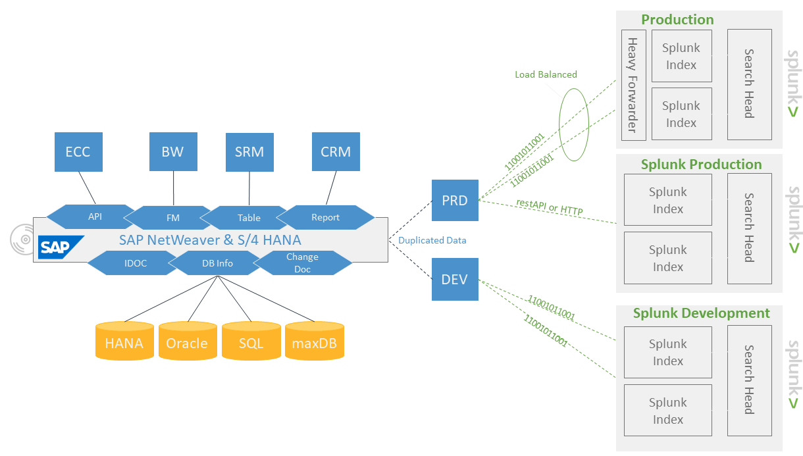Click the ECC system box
pos(78,151)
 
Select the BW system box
pos(172,151)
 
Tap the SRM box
pos(249,152)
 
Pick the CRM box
pos(336,152)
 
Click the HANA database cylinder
pos(124,342)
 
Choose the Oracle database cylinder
pos(187,342)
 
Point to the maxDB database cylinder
pos(315,342)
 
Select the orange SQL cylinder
pos(251,342)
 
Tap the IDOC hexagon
pos(135,263)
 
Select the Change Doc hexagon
pos(302,263)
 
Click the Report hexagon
pos(325,217)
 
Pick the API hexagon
pos(95,216)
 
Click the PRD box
pos(455,201)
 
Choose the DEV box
pos(455,280)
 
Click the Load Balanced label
pos(546,74)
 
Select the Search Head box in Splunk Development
pos(749,380)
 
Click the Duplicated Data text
pos(432,240)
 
